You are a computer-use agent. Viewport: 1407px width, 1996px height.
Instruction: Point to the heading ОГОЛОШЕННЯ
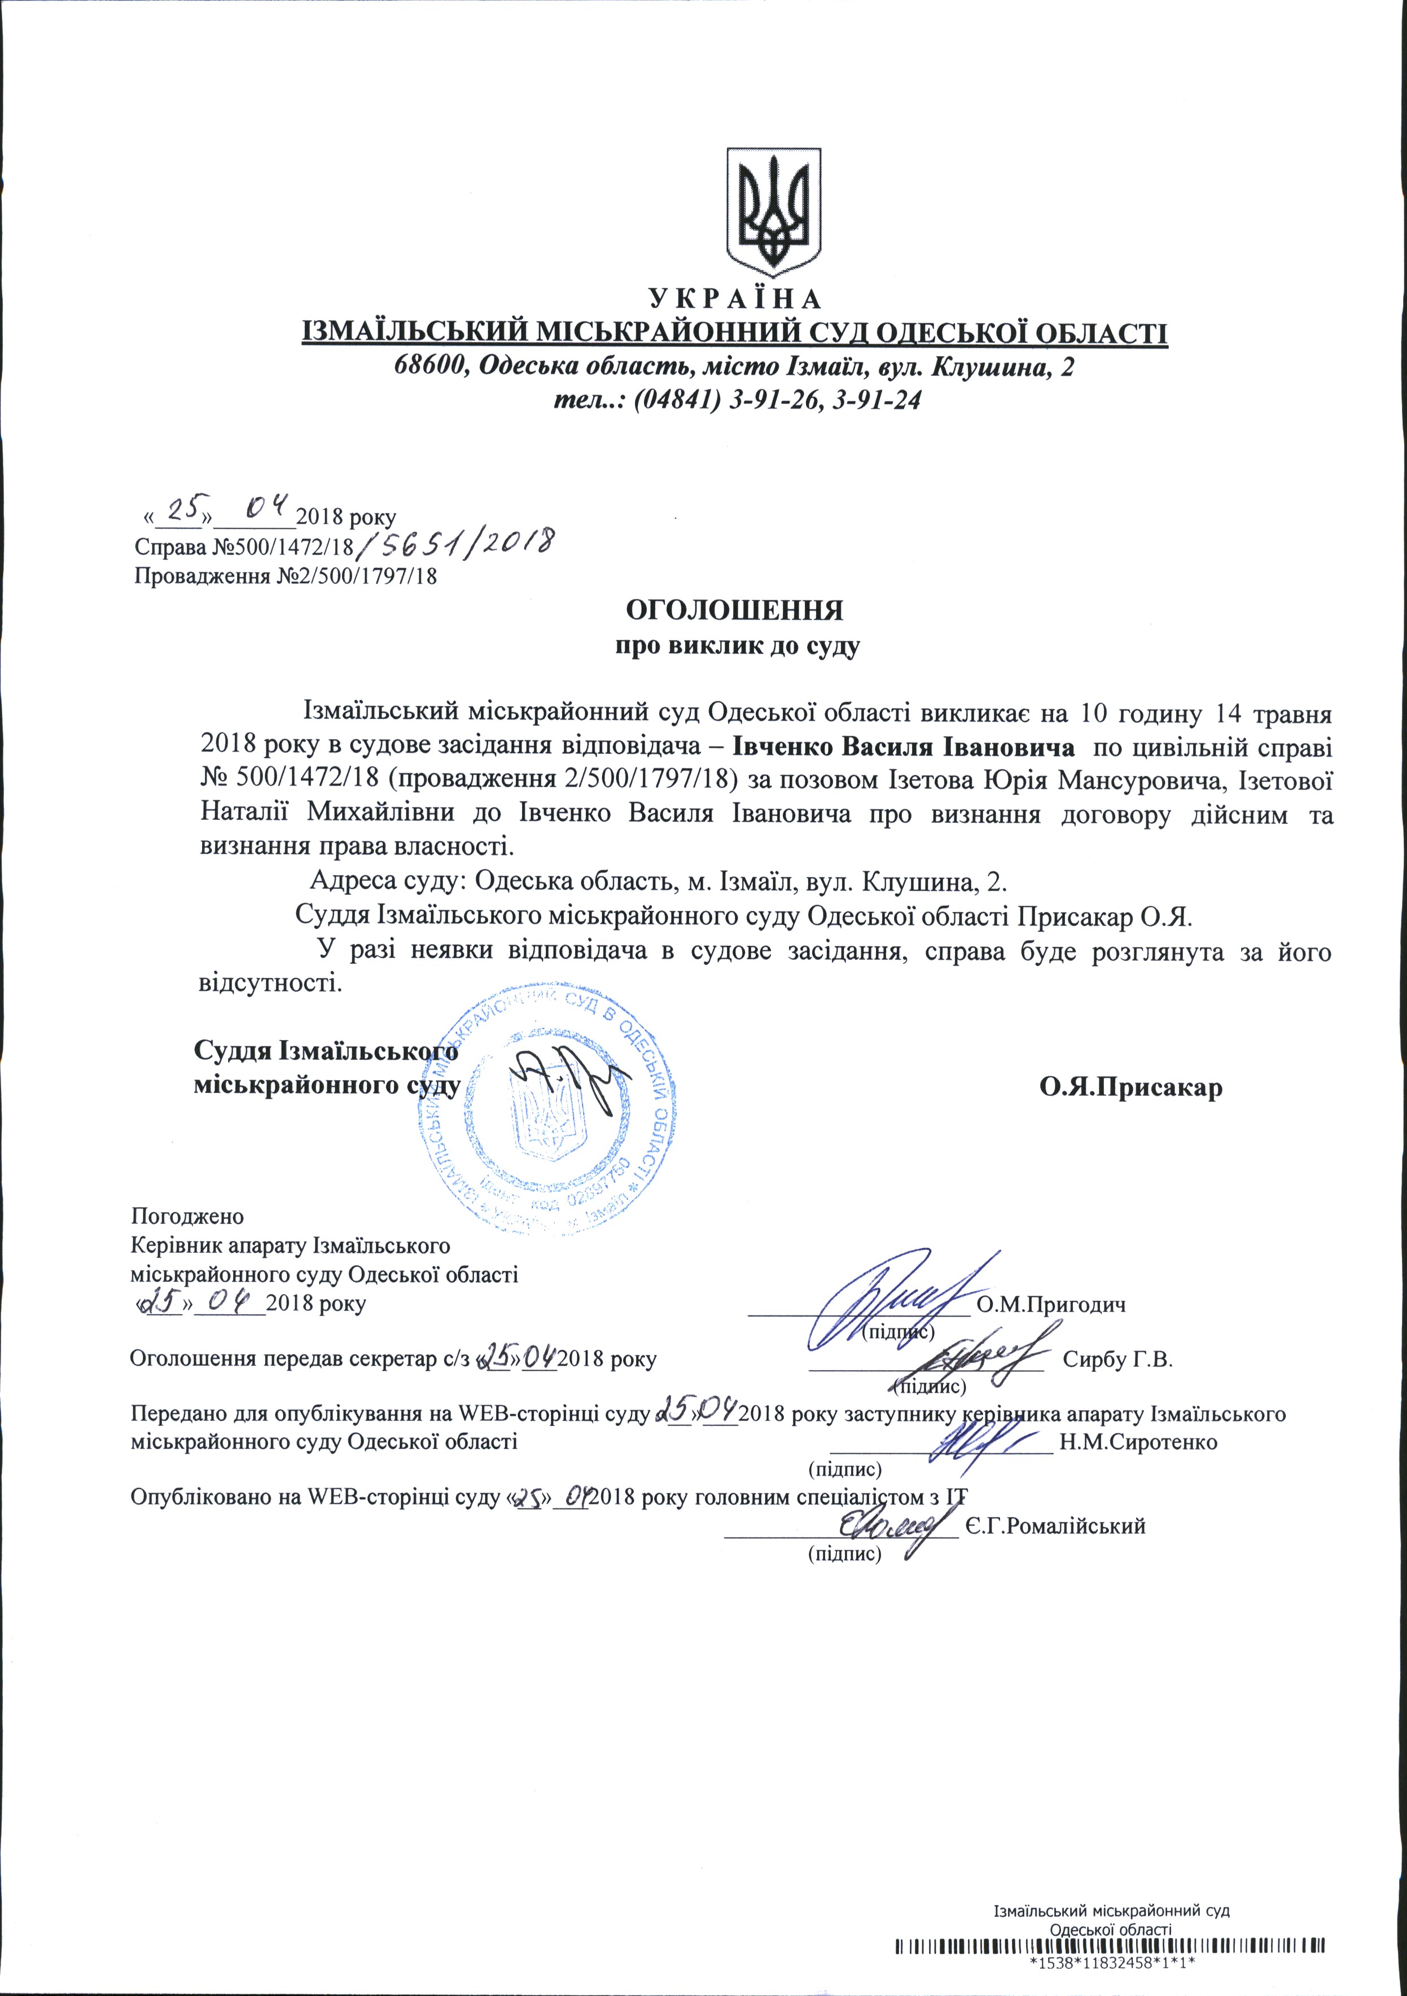(735, 609)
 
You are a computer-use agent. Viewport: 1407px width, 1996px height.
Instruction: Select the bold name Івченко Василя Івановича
(902, 747)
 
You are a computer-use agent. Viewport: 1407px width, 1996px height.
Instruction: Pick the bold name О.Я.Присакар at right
(1130, 1087)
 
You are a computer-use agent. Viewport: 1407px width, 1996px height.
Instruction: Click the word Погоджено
(187, 1216)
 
